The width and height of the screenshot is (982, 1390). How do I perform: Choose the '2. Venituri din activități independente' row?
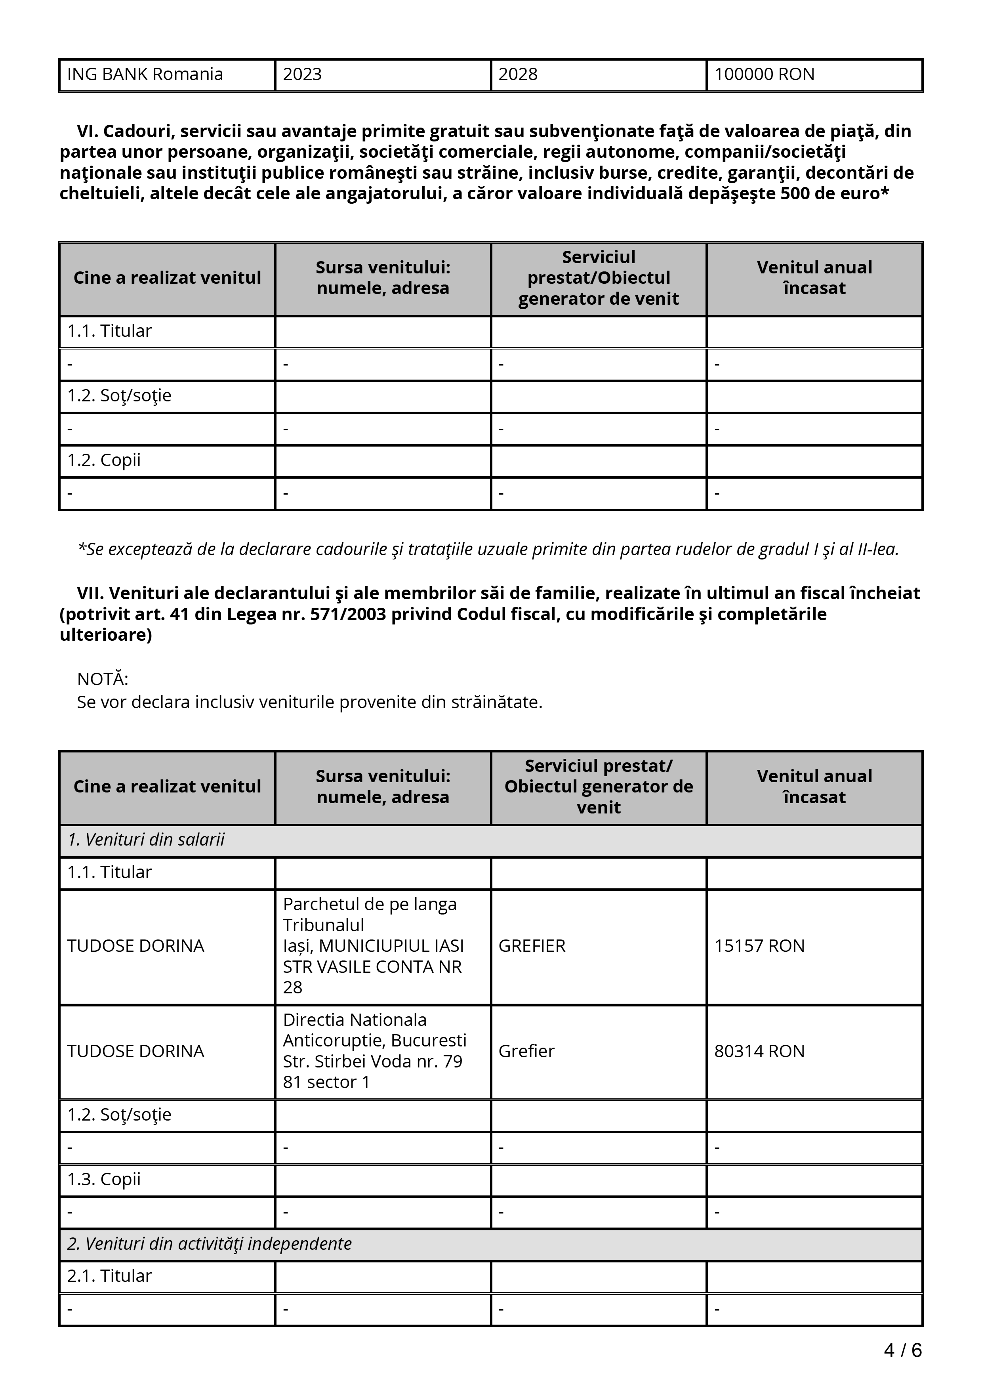click(209, 1243)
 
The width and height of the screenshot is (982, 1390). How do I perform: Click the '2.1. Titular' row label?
click(109, 1276)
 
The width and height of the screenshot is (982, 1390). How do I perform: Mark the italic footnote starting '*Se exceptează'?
click(488, 549)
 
